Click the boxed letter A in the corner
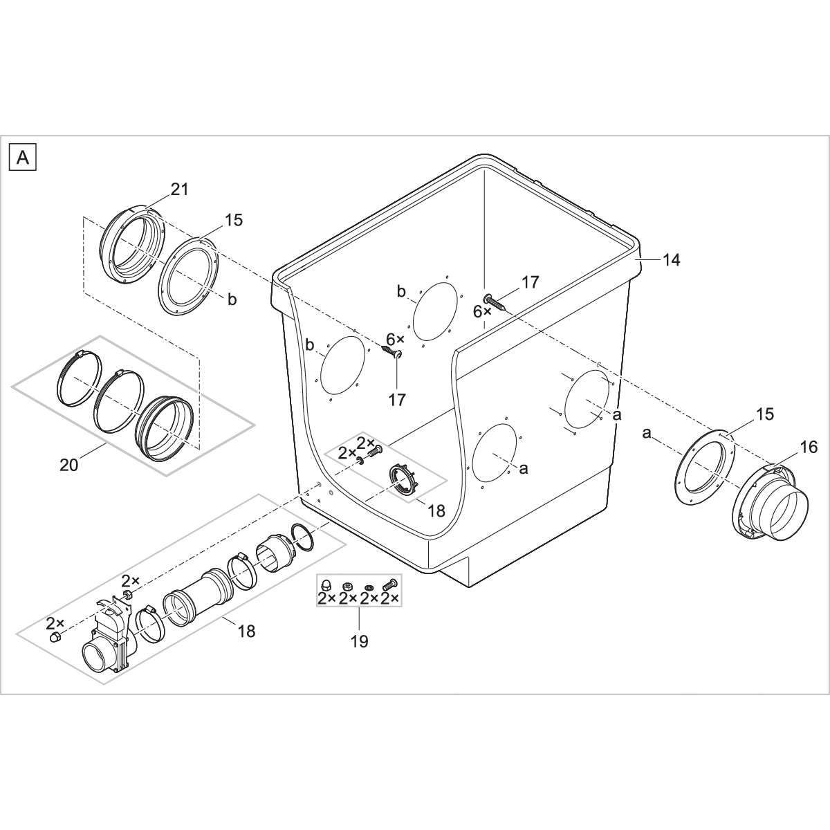tap(22, 158)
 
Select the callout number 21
tap(180, 190)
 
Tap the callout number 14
tap(671, 260)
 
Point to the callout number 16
tap(788, 448)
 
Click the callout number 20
tap(69, 465)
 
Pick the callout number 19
tap(359, 641)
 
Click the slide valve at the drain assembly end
tap(109, 640)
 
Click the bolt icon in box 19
tap(392, 584)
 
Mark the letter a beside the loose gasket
tap(647, 433)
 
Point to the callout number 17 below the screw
tap(397, 399)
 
